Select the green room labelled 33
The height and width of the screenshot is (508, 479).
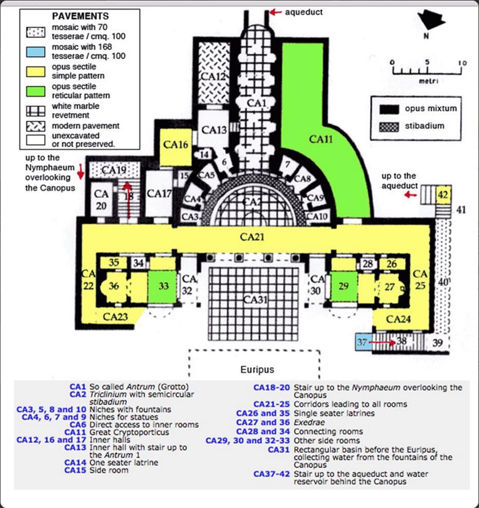pyautogui.click(x=163, y=286)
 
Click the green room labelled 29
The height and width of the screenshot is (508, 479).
pyautogui.click(x=343, y=286)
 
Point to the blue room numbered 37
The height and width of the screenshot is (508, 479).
pyautogui.click(x=362, y=342)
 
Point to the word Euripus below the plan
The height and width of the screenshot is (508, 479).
pyautogui.click(x=258, y=369)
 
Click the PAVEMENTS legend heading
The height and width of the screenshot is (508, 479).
pyautogui.click(x=80, y=16)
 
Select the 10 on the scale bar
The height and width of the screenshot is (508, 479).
pyautogui.click(x=463, y=63)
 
